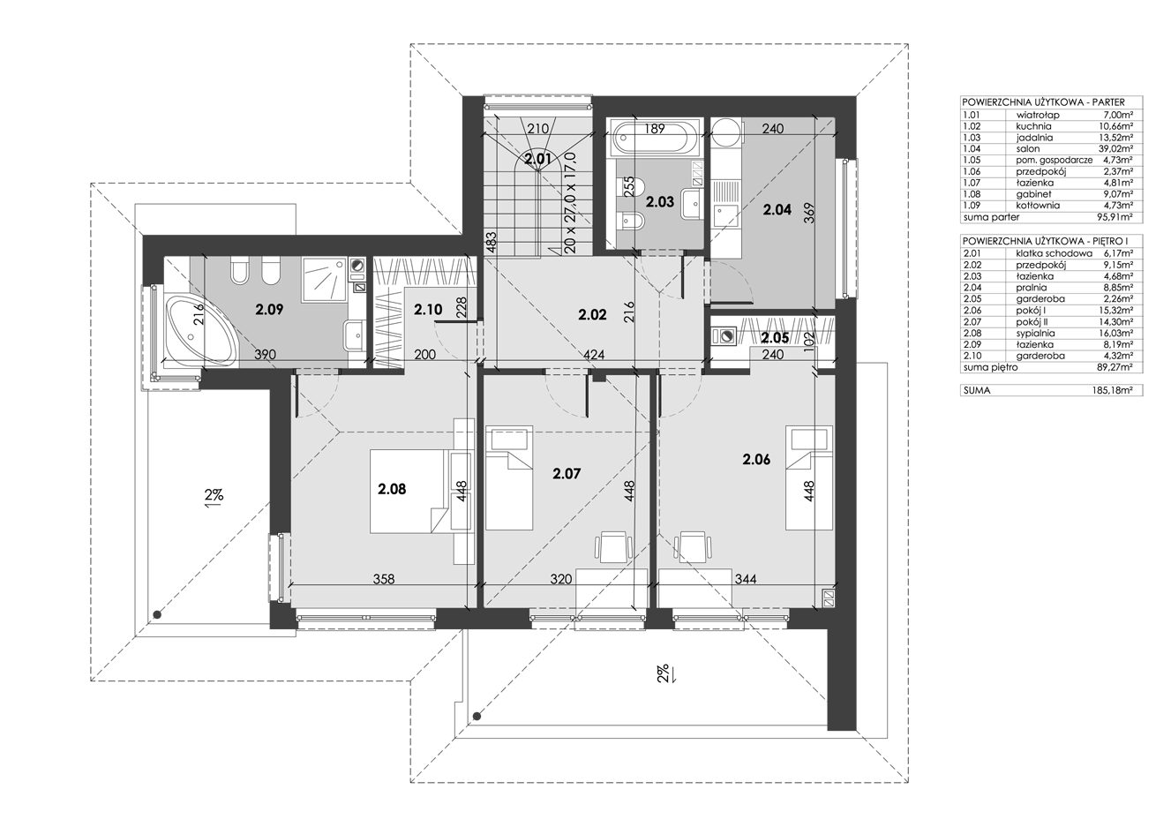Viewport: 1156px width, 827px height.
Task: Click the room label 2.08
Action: [392, 488]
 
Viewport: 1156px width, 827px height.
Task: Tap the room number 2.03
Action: [660, 202]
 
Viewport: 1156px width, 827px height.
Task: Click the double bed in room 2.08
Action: [407, 491]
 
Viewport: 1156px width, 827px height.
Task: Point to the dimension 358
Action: [384, 579]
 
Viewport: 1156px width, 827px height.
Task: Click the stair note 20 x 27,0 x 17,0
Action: [570, 202]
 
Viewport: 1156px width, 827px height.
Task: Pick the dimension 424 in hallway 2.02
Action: [594, 355]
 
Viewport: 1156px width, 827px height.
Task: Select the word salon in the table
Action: [1026, 148]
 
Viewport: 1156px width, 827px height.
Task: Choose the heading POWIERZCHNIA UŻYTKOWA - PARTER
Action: [1044, 102]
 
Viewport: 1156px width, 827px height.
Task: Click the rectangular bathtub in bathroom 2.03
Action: [656, 138]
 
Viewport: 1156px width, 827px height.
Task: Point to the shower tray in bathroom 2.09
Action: [325, 280]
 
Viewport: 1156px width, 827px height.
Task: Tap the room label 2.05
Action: [775, 338]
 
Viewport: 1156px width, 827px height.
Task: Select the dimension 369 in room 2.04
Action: [809, 213]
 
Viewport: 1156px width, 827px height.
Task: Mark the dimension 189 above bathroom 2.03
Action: [655, 129]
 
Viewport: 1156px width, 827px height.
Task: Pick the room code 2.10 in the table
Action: [972, 356]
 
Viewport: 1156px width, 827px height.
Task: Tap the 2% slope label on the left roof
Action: [214, 496]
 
